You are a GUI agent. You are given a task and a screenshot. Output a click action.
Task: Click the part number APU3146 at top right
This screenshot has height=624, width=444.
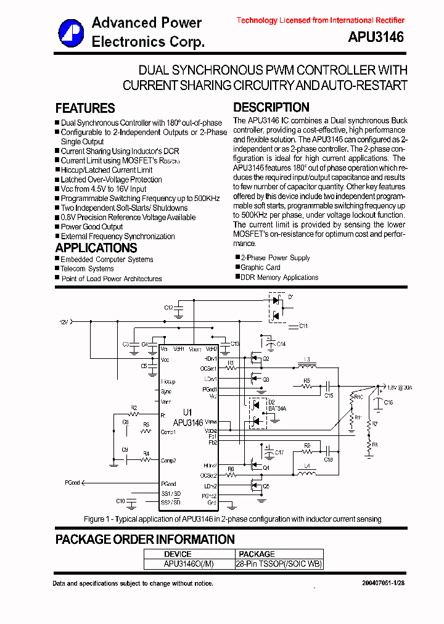pyautogui.click(x=376, y=38)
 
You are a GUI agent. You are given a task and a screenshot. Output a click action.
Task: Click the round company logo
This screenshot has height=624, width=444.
pyautogui.click(x=71, y=33)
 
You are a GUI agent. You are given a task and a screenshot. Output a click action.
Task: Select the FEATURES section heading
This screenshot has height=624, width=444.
pyautogui.click(x=85, y=109)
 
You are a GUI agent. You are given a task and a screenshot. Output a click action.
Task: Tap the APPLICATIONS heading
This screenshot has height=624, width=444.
pyautogui.click(x=96, y=248)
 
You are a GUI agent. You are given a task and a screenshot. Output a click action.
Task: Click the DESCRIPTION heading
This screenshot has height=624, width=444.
pyautogui.click(x=271, y=107)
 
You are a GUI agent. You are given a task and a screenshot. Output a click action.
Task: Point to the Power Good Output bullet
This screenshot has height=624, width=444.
pyautogui.click(x=92, y=227)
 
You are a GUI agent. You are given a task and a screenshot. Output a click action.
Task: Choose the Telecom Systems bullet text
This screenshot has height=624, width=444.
pyautogui.click(x=87, y=269)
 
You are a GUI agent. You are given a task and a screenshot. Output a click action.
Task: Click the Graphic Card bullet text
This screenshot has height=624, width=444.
pyautogui.click(x=260, y=268)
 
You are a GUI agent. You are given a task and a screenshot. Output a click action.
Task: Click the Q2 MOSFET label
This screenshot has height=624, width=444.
pyautogui.click(x=266, y=358)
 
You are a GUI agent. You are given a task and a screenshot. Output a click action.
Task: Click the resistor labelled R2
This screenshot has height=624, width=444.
pyautogui.click(x=133, y=408)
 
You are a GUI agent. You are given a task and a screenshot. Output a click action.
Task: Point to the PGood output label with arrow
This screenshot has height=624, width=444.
pyautogui.click(x=73, y=483)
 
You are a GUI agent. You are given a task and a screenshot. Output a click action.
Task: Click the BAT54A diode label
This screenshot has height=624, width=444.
pyautogui.click(x=277, y=408)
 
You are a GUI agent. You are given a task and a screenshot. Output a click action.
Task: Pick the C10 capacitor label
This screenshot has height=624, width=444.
pyautogui.click(x=120, y=501)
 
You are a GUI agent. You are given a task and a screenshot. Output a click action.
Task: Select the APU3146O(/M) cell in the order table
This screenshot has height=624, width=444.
pyautogui.click(x=189, y=564)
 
